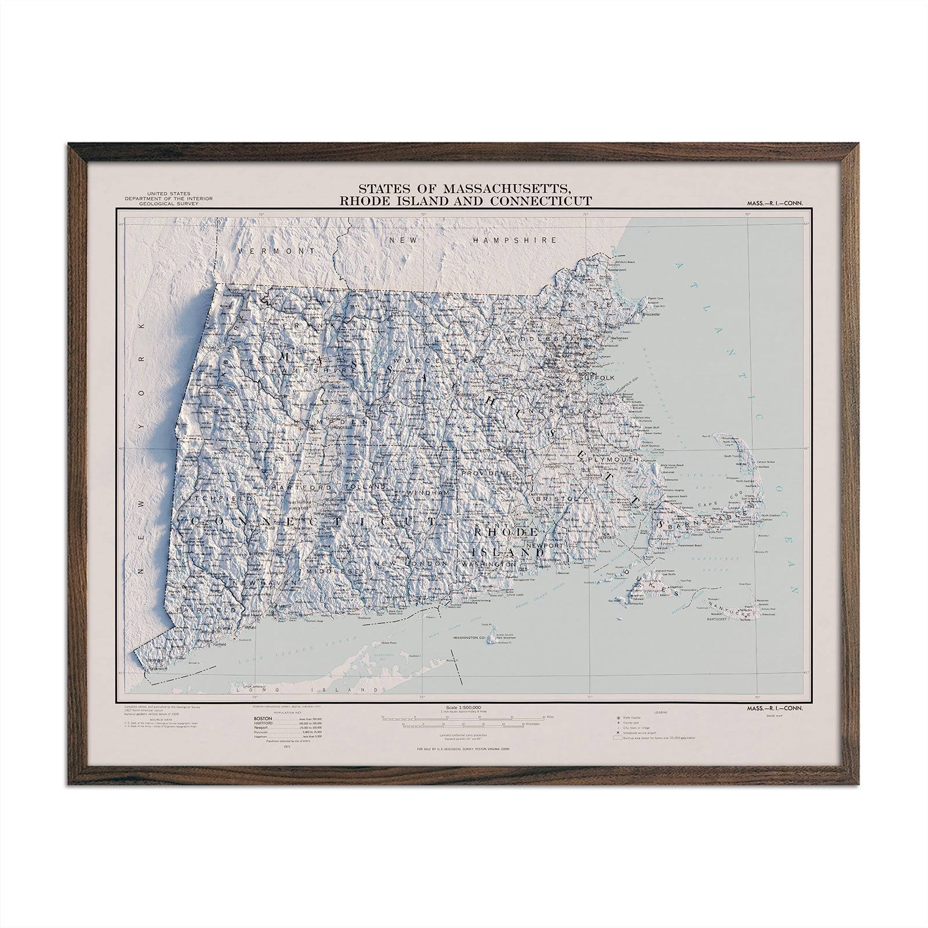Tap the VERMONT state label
[275, 251]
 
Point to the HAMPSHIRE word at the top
[514, 240]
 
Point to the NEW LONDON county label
[411, 564]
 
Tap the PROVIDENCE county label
[488, 474]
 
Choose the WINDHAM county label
[429, 492]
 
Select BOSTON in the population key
[263, 719]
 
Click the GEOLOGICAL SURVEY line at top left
[172, 204]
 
